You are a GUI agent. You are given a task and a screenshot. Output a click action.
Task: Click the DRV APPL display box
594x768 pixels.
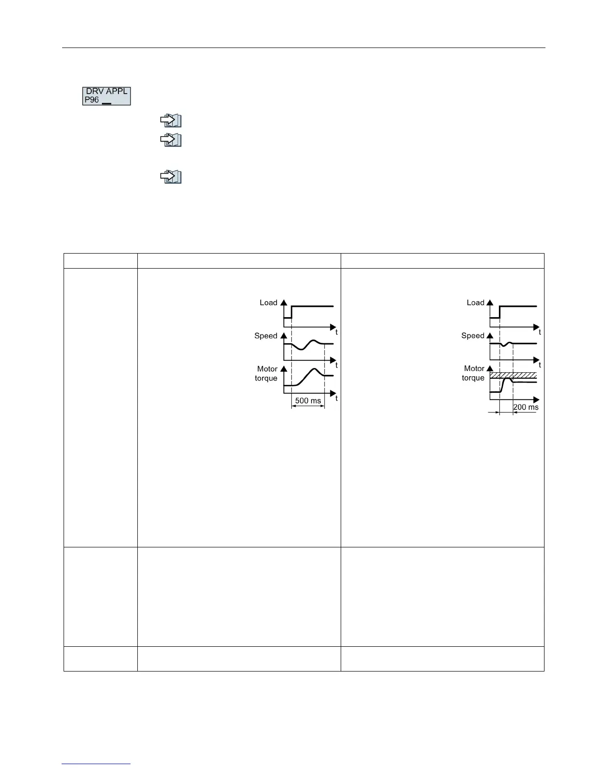point(106,96)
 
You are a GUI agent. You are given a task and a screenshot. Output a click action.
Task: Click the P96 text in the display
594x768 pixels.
point(92,100)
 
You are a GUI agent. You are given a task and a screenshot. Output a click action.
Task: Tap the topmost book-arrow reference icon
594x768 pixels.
point(171,120)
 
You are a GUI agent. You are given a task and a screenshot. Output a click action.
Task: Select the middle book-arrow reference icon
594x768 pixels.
point(171,140)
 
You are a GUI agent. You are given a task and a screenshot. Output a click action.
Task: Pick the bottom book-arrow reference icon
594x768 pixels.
point(171,177)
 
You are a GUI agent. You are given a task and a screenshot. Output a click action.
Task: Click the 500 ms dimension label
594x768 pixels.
point(308,401)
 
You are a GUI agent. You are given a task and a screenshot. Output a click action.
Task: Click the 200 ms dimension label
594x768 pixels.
point(526,407)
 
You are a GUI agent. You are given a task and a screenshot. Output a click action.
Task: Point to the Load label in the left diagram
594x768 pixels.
point(268,303)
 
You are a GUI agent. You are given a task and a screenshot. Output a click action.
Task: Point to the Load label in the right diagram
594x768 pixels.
point(476,303)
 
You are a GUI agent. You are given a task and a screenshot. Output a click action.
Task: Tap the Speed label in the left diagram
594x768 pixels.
point(266,336)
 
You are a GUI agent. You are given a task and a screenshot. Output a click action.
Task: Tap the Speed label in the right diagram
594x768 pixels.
point(473,336)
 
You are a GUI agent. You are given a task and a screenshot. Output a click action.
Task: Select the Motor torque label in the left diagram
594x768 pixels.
point(266,373)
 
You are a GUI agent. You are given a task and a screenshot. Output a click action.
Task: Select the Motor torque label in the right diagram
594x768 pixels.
point(474,373)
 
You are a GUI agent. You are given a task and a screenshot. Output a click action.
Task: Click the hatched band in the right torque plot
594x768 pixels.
point(513,375)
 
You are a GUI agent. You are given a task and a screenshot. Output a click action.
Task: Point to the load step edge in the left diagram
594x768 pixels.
point(291,312)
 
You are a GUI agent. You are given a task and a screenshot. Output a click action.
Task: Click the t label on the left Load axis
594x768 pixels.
point(337,333)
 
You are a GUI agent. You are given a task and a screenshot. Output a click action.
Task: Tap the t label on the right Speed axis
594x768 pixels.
point(540,365)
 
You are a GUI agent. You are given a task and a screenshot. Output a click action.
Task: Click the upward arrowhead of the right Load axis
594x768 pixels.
point(490,303)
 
